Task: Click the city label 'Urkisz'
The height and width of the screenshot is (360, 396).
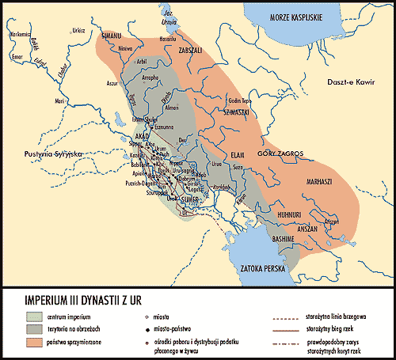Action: click(x=78, y=29)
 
